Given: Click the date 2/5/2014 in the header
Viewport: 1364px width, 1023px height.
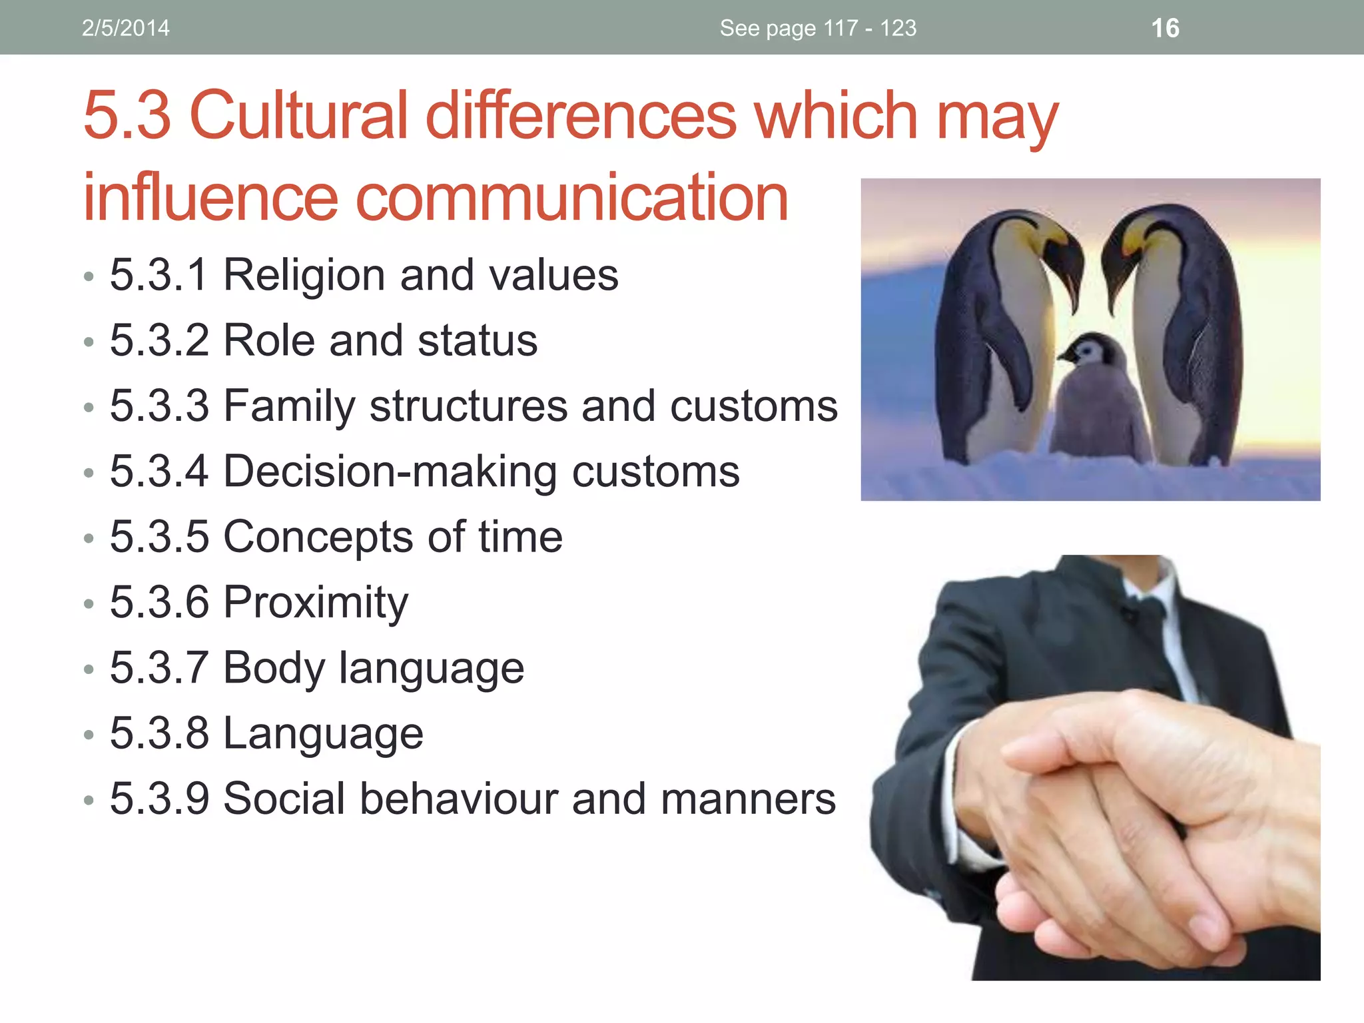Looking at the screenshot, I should point(125,28).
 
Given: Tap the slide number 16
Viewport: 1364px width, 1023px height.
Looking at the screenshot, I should point(1165,28).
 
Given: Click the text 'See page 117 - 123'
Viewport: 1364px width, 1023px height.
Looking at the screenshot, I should point(818,28).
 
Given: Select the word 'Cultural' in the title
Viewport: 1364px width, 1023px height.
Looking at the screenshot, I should point(298,116).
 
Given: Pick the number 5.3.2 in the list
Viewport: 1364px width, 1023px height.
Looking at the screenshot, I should point(159,340).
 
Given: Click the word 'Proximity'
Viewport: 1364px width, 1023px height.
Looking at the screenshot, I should point(315,602).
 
